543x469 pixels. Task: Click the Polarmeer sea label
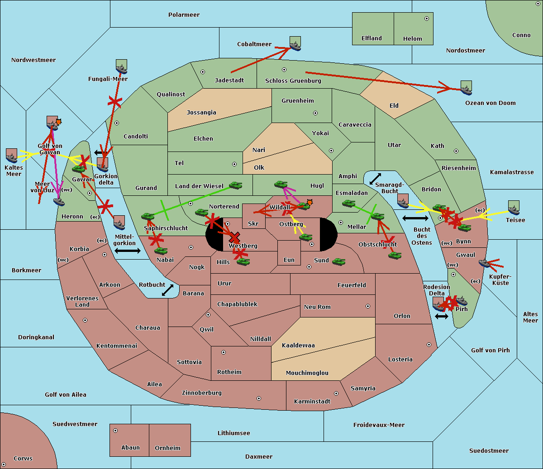(x=184, y=15)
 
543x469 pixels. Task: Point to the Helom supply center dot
(x=426, y=19)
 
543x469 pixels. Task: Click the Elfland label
(x=372, y=38)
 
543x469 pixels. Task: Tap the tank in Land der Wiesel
(x=235, y=185)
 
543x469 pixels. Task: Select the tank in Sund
(x=338, y=261)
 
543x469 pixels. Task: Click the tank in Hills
(x=243, y=261)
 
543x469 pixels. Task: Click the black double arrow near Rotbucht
(x=167, y=290)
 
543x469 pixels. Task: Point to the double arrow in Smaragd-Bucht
(x=375, y=179)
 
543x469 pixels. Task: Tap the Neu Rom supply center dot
(x=368, y=306)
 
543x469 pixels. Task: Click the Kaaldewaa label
(x=298, y=346)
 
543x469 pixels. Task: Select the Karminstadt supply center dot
(x=336, y=393)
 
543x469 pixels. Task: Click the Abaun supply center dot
(x=115, y=431)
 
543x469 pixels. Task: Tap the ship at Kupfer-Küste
(x=485, y=263)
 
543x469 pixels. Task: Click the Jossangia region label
(x=201, y=113)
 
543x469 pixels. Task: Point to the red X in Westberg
(x=234, y=237)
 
